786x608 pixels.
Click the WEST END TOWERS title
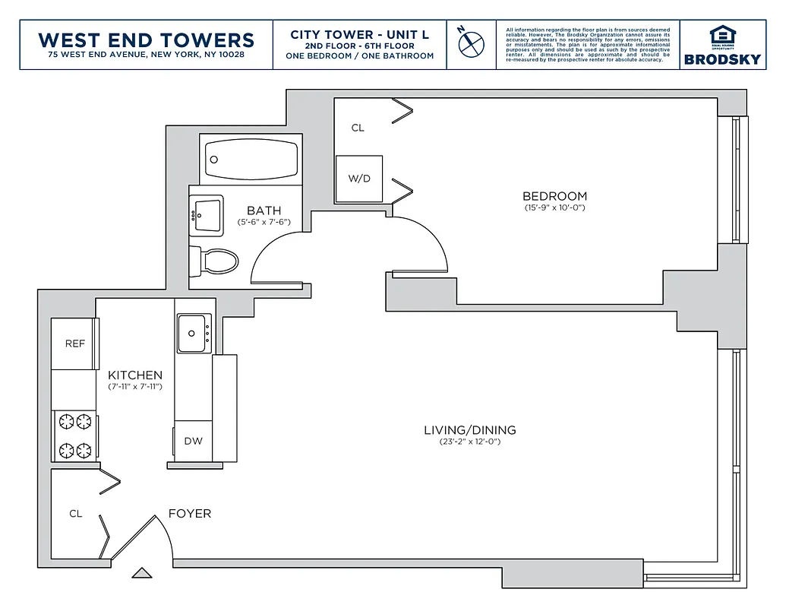click(146, 40)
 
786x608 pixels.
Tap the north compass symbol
click(471, 42)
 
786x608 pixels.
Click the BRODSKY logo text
click(721, 59)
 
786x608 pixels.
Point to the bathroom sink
click(207, 214)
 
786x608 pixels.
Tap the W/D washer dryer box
click(359, 179)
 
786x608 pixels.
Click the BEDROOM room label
click(554, 196)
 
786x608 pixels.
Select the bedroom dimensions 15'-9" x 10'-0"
click(554, 207)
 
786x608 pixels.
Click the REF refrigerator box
click(74, 344)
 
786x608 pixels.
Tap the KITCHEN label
click(135, 375)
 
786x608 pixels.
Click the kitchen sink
click(194, 333)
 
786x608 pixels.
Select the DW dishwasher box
click(193, 441)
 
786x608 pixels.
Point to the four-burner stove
click(74, 435)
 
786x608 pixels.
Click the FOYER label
click(189, 514)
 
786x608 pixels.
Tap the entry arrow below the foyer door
click(140, 573)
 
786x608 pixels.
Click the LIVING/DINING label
click(469, 430)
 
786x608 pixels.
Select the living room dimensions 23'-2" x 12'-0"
click(469, 442)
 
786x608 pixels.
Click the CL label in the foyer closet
click(75, 514)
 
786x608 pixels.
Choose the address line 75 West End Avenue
click(146, 55)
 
